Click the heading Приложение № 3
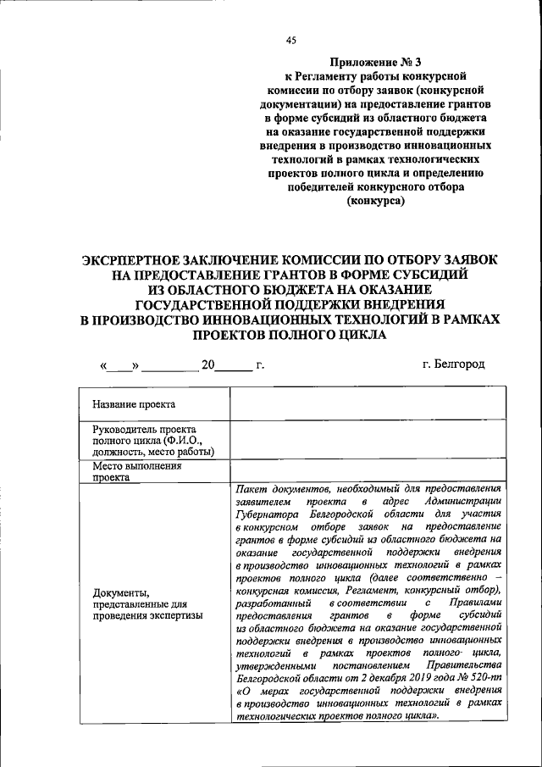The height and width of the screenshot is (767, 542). [x=374, y=62]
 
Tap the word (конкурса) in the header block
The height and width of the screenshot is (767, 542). [x=375, y=202]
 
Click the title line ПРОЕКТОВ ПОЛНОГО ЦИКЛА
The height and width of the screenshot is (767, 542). [x=290, y=336]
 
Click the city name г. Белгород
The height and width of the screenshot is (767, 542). [x=454, y=364]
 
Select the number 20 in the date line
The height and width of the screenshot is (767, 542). [x=207, y=365]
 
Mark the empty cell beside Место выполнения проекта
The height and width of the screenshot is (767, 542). [x=368, y=471]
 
